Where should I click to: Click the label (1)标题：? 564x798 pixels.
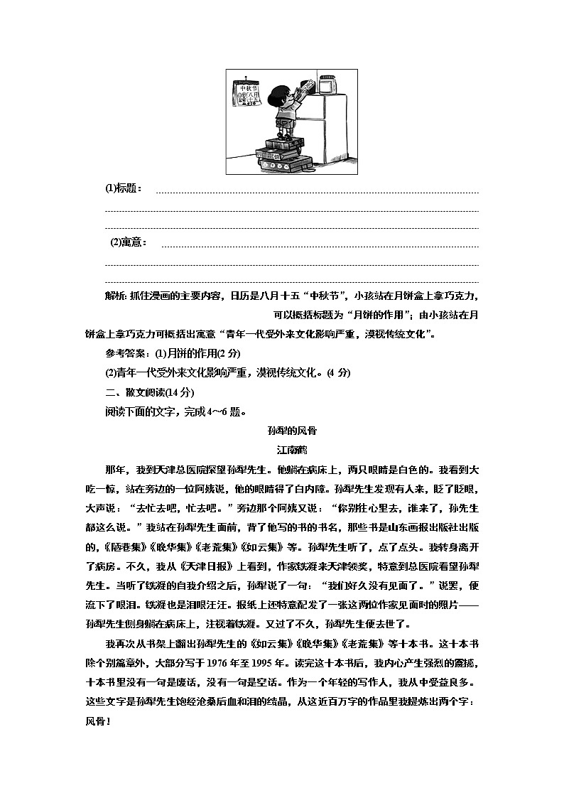pyautogui.click(x=124, y=188)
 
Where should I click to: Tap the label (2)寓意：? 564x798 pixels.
pyautogui.click(x=129, y=242)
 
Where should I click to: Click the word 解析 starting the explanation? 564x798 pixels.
pyautogui.click(x=115, y=296)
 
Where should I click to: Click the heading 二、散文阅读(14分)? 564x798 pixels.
pyautogui.click(x=149, y=392)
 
